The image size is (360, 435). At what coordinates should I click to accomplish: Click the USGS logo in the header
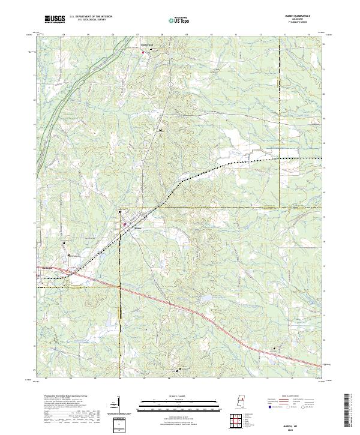point(55,19)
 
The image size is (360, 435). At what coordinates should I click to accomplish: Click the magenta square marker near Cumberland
point(143,53)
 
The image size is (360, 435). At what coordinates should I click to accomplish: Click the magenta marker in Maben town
point(125,224)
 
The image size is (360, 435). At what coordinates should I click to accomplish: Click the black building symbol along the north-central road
point(161,129)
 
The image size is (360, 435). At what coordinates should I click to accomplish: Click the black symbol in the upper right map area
point(217,70)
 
